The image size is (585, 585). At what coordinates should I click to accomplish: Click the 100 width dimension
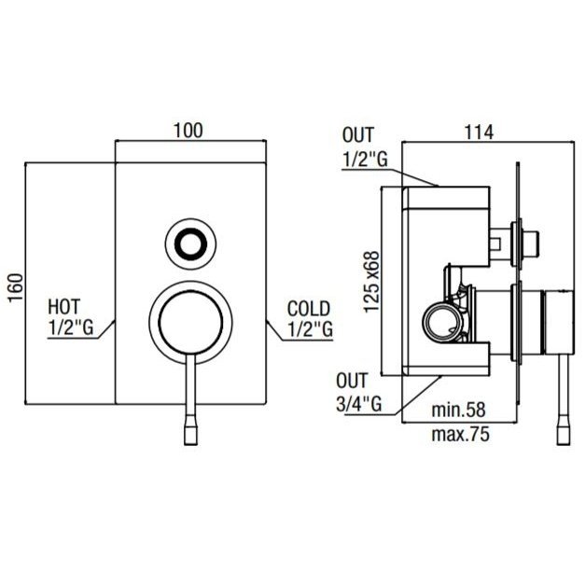[188, 131]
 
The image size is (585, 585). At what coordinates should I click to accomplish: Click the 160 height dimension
[16, 288]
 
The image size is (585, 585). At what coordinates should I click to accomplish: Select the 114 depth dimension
[479, 132]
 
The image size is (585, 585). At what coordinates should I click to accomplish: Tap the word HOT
[63, 307]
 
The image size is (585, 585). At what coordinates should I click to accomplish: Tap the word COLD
[309, 309]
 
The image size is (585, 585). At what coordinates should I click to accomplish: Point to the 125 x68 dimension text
[371, 282]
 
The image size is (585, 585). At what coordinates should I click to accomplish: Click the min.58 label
[458, 410]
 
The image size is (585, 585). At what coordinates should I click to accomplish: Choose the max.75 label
[460, 434]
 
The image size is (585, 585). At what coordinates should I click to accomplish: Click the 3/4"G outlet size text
[358, 403]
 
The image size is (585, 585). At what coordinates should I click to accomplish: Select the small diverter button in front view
[190, 244]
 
